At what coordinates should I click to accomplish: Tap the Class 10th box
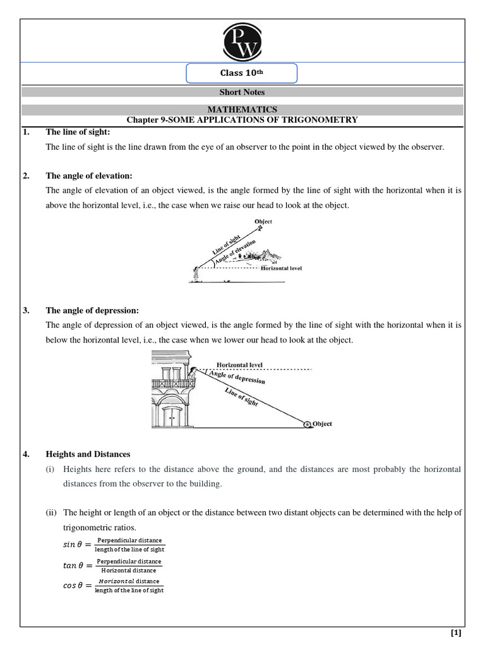point(241,74)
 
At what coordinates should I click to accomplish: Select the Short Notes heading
point(242,92)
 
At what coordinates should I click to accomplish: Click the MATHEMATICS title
point(242,109)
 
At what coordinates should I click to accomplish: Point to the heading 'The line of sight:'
point(78,132)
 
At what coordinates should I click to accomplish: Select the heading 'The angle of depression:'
point(92,310)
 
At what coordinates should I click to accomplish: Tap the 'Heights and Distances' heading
point(88,454)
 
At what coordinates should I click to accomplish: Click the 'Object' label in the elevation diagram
point(263,222)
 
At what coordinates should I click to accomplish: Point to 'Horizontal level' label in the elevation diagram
point(281,268)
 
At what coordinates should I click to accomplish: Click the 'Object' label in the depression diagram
point(322,424)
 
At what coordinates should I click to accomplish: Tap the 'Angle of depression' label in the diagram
point(241,378)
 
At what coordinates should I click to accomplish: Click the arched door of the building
point(171,416)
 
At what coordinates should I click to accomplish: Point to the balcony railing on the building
point(173,383)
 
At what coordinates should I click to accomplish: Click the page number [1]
point(455,633)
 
